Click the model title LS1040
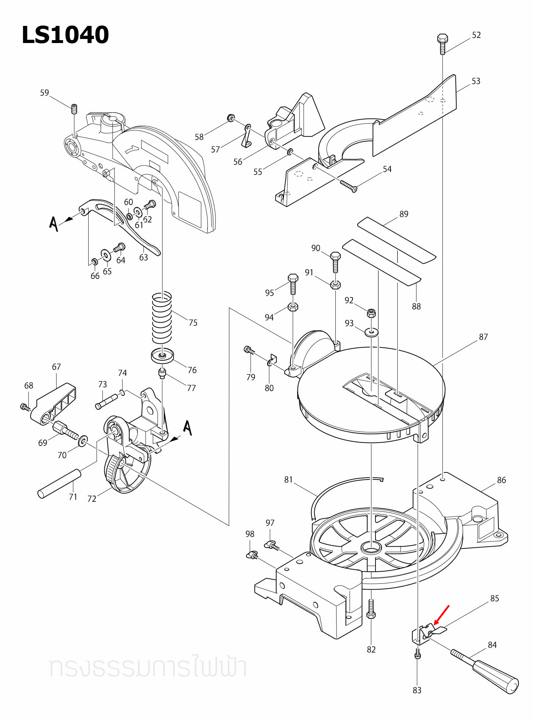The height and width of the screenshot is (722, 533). click(x=65, y=35)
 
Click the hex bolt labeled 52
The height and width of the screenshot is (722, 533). click(x=442, y=43)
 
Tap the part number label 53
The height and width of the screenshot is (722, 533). click(x=476, y=81)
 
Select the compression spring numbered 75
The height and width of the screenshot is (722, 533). click(x=162, y=318)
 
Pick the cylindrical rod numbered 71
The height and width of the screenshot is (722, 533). click(x=59, y=484)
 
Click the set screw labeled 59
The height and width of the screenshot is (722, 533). click(x=74, y=108)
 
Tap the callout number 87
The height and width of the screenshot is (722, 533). click(x=483, y=337)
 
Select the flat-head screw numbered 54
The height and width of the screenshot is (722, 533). click(x=348, y=186)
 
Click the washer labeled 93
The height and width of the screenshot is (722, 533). click(x=371, y=332)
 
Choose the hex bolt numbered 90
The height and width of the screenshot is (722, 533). click(x=335, y=262)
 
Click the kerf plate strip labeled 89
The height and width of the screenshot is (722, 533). click(x=396, y=240)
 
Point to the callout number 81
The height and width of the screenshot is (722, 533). click(x=288, y=480)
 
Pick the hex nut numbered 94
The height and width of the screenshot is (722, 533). click(x=293, y=307)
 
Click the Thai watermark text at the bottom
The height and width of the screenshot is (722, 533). click(x=148, y=667)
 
